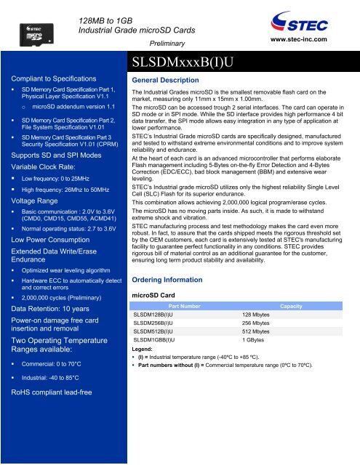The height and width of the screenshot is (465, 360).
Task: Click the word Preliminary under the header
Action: point(188,43)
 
